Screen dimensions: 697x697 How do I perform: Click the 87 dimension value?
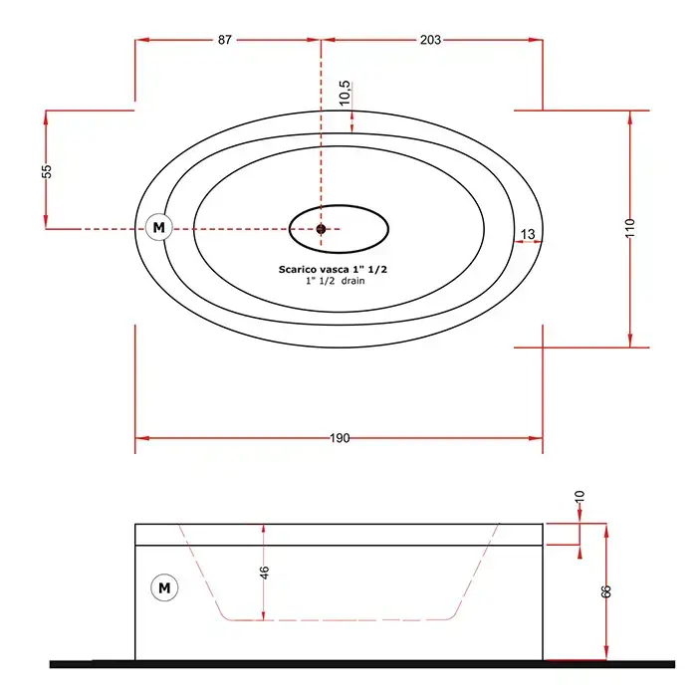[224, 40]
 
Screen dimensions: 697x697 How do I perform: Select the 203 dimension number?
[430, 40]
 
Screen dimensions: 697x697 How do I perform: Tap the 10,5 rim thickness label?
[346, 93]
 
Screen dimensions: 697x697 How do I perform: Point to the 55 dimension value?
[47, 171]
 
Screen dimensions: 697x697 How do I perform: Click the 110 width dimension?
[630, 228]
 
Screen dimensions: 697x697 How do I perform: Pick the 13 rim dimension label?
[527, 234]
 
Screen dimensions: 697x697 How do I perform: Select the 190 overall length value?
[340, 438]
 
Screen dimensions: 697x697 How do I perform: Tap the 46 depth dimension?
[265, 573]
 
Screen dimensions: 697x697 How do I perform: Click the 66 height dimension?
[605, 591]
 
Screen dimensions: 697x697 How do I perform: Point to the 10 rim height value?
[580, 497]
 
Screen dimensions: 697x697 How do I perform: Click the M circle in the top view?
[158, 228]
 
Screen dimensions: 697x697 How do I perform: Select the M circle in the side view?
[164, 587]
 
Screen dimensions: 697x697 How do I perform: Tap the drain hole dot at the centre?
[321, 229]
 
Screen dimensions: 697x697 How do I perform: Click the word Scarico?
[299, 270]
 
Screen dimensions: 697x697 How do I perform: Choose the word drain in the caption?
[352, 281]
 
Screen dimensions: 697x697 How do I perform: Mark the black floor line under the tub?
[362, 664]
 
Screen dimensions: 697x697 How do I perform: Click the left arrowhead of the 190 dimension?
[141, 438]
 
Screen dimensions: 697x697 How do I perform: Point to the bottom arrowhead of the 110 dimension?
[630, 341]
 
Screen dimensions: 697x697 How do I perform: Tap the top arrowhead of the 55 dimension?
[46, 116]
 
